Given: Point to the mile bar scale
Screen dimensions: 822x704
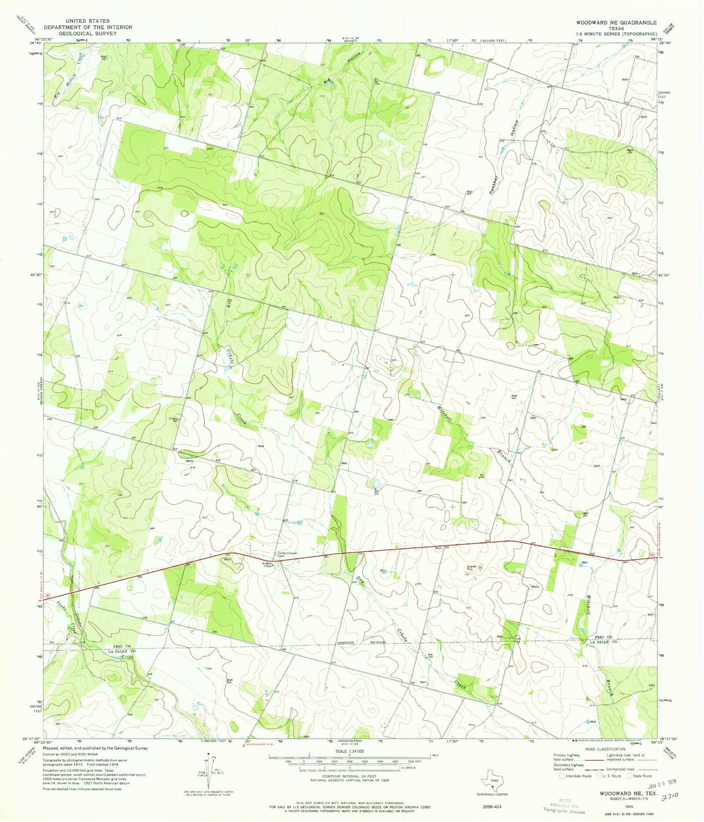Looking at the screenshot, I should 349,757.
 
